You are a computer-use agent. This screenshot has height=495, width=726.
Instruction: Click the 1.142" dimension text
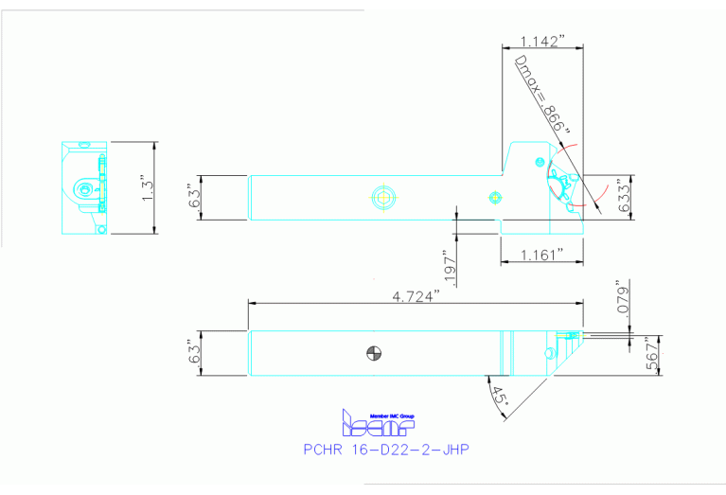click(x=542, y=41)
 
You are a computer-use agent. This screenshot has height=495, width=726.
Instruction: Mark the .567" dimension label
click(x=650, y=355)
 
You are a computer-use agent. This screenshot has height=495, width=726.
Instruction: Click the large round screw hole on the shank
click(x=383, y=198)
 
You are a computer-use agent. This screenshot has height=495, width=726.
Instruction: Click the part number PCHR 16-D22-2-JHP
click(x=385, y=450)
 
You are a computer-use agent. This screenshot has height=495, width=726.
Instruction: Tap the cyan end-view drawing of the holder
click(x=86, y=187)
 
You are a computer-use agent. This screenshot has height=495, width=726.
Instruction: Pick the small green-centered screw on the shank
click(x=493, y=197)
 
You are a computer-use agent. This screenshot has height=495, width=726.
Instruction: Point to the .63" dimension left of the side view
click(x=195, y=198)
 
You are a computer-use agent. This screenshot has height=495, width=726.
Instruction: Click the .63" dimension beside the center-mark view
click(x=195, y=353)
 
